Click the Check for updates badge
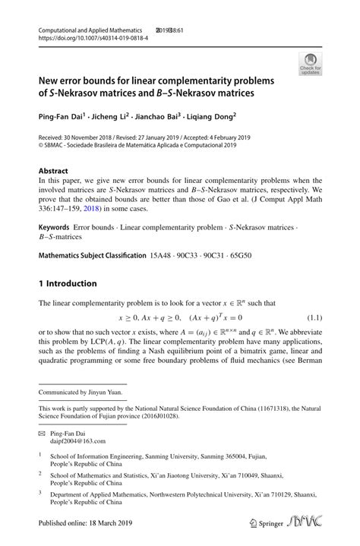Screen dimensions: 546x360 [309, 65]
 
